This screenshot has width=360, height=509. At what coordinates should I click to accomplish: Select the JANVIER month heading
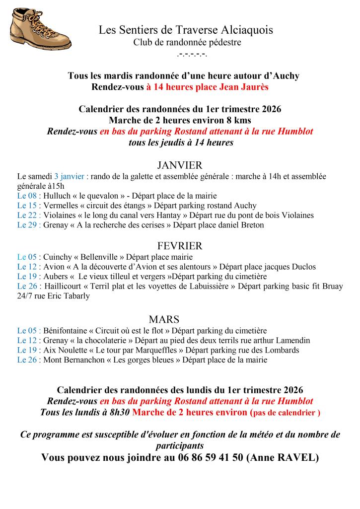click(179, 165)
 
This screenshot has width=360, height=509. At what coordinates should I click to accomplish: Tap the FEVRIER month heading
click(179, 246)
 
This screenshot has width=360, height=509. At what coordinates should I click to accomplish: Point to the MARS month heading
click(163, 319)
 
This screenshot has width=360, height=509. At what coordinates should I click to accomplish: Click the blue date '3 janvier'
click(70, 176)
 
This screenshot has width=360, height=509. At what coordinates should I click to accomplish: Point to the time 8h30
click(120, 412)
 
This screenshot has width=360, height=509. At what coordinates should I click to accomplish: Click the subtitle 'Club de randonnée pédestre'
click(187, 43)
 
